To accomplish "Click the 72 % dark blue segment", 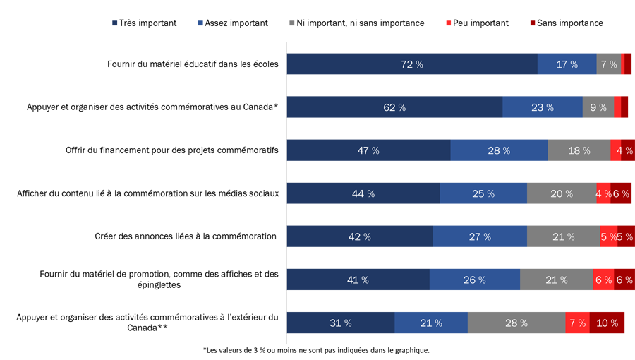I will click(x=411, y=64).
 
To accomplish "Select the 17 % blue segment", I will click(x=567, y=64).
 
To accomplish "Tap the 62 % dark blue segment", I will click(x=394, y=107).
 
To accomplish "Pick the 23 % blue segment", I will click(x=542, y=107).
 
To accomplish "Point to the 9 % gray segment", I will click(x=598, y=107).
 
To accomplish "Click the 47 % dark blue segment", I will click(x=368, y=150).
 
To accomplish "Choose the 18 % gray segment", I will click(x=579, y=150).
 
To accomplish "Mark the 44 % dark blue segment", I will click(x=363, y=193).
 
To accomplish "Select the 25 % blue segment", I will click(x=483, y=193).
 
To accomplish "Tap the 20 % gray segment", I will click(x=562, y=193).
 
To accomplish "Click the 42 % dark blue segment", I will click(x=359, y=236).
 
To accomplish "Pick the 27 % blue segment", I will click(x=480, y=236).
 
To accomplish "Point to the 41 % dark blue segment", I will click(x=358, y=280).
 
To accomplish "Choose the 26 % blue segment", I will click(x=474, y=280).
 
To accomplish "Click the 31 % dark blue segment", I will click(x=340, y=323).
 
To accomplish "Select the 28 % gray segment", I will click(x=516, y=323).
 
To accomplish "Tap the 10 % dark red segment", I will click(x=607, y=323).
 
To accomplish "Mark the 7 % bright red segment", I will click(x=577, y=323).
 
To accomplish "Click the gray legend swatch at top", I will click(x=286, y=26).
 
